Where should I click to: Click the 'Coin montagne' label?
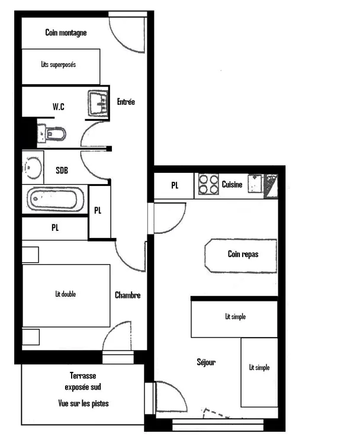66,33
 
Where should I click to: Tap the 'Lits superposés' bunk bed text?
59,65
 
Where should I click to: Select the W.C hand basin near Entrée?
98,103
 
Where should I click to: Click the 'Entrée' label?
126,102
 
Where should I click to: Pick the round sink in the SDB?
33,168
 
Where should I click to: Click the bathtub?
55,199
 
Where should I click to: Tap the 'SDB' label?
62,170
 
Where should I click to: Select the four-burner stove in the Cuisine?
208,184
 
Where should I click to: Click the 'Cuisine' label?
232,184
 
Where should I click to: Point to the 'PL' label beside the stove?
175,185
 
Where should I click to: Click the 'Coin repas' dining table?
241,256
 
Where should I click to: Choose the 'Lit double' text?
65,294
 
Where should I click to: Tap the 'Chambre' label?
128,295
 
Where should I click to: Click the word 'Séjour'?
206,362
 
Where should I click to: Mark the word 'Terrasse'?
83,375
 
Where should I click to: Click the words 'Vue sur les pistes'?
83,403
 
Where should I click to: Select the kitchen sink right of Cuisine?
255,184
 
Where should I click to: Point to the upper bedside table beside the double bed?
30,255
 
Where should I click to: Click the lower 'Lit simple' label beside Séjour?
259,367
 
